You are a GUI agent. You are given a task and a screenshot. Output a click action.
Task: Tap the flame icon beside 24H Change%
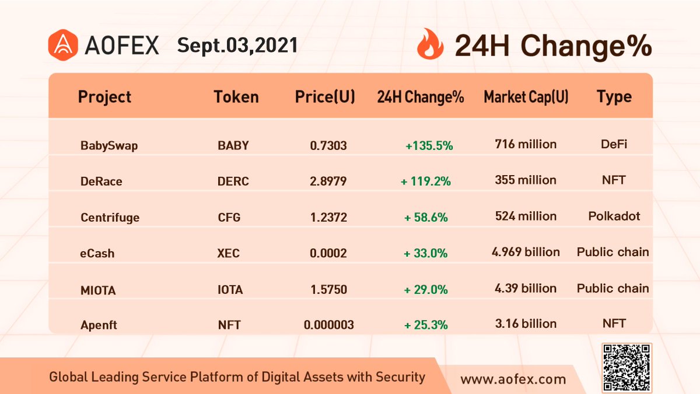tap(430, 46)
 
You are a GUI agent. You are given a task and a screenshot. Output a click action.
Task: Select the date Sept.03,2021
tap(237, 46)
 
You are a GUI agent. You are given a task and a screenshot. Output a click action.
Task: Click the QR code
tap(626, 367)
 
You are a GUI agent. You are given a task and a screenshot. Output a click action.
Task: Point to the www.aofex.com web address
tap(513, 379)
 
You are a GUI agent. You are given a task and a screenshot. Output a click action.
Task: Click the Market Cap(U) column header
tap(526, 97)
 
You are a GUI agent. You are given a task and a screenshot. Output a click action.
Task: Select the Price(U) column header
tap(325, 97)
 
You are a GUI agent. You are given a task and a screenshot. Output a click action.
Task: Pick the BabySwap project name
tap(109, 145)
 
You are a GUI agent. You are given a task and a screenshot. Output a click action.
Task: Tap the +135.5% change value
tap(429, 145)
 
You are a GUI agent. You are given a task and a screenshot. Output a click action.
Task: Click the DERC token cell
tap(233, 182)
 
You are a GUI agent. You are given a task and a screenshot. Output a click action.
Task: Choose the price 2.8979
tap(328, 182)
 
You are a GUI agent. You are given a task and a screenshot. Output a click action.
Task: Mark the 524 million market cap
tap(526, 217)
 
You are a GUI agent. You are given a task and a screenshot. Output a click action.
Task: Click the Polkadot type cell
tap(614, 217)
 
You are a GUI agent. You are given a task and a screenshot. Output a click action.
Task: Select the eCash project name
tap(97, 253)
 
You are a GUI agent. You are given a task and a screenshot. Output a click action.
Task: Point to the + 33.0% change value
tap(425, 253)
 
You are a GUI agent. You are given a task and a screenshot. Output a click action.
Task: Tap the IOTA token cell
tap(229, 290)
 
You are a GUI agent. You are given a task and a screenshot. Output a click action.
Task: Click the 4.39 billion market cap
tap(526, 288)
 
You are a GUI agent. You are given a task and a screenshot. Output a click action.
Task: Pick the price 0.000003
tap(328, 325)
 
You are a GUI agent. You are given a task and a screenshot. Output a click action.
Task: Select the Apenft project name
tap(99, 325)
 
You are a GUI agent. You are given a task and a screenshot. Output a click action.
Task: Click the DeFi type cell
tap(614, 144)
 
